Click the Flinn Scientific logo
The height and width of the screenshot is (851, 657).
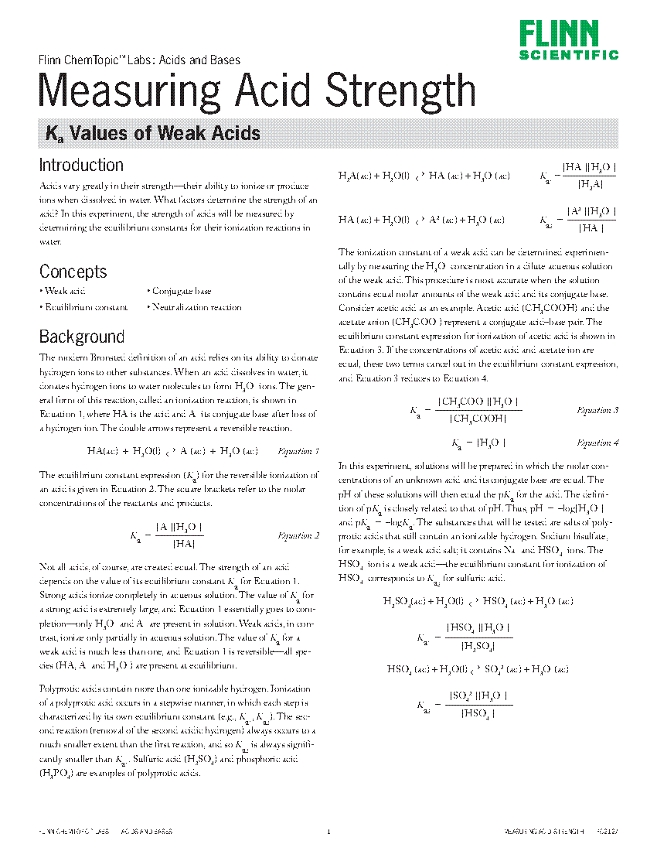568,40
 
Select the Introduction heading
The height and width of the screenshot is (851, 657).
81,165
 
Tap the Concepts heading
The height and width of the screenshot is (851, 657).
73,272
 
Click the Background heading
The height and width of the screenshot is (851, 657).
81,337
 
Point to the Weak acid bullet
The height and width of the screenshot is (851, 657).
63,291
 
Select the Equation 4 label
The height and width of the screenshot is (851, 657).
597,443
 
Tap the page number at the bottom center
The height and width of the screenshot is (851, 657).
328,832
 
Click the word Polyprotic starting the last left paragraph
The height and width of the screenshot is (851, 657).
57,689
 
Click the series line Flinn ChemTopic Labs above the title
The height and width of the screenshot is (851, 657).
139,60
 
